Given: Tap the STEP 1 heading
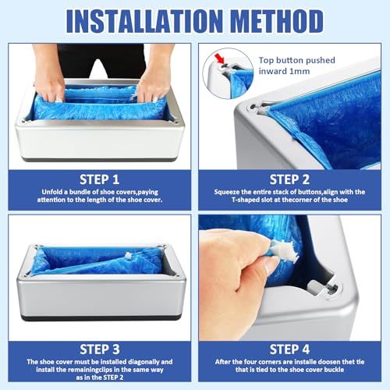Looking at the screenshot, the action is coord(99,179).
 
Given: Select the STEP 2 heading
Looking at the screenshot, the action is coord(289,179).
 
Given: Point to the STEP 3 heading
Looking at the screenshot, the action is coord(100,349).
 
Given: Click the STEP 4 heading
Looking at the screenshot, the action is coord(289,349).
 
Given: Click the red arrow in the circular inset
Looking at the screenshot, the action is coord(219,58).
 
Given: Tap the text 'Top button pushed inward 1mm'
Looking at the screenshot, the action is coord(296,66).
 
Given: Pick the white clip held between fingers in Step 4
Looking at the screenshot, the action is coord(284,250).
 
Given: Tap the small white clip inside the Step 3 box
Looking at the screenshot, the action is coord(128,256).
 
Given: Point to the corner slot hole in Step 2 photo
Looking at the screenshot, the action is coord(253,107).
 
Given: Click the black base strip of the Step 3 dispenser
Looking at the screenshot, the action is coord(101,317).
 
